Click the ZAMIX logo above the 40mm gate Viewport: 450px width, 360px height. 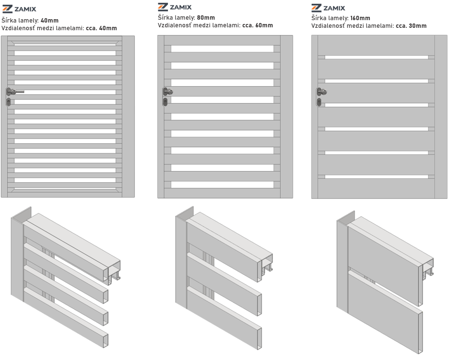coord(19,9)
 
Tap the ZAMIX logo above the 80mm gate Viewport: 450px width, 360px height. coord(175,7)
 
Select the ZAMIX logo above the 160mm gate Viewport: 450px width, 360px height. coord(328,8)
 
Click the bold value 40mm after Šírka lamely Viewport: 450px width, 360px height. coord(49,21)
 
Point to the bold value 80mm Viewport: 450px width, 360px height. coord(206,18)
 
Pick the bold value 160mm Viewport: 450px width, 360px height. coord(360,18)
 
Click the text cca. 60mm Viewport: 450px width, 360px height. coord(258,25)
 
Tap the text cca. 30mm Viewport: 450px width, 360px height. coord(411,26)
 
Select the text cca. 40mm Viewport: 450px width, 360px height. coord(101,28)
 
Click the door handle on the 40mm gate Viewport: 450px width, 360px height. coord(14,92)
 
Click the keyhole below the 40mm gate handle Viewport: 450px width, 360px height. coord(9,101)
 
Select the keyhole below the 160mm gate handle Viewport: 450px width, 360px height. coord(319,102)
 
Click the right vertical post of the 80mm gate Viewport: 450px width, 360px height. coord(286,116)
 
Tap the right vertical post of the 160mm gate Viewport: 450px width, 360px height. coord(441,116)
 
